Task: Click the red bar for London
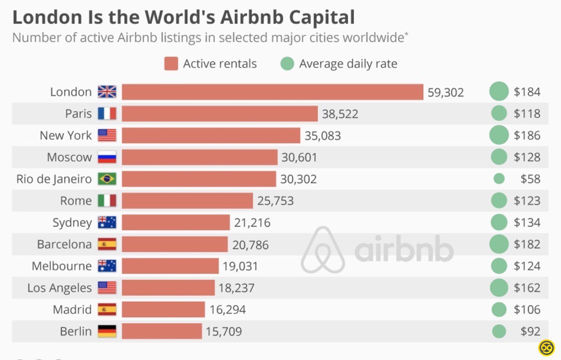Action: click(272, 92)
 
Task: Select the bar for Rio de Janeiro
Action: click(199, 179)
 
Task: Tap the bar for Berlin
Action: click(162, 332)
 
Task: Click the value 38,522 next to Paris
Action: click(340, 114)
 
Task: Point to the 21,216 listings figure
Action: click(252, 223)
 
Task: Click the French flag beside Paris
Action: click(107, 114)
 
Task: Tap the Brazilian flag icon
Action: click(107, 179)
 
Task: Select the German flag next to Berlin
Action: click(107, 332)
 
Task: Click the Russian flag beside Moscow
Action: click(107, 157)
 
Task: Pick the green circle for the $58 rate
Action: click(499, 179)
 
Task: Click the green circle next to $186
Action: click(499, 135)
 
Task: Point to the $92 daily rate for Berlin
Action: click(530, 332)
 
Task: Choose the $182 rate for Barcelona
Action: click(527, 244)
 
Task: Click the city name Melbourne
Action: click(62, 266)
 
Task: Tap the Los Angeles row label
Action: click(60, 288)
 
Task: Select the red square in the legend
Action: click(171, 64)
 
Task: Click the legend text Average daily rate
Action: click(348, 64)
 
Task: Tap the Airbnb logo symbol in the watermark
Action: click(323, 250)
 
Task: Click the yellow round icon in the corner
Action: click(546, 348)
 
